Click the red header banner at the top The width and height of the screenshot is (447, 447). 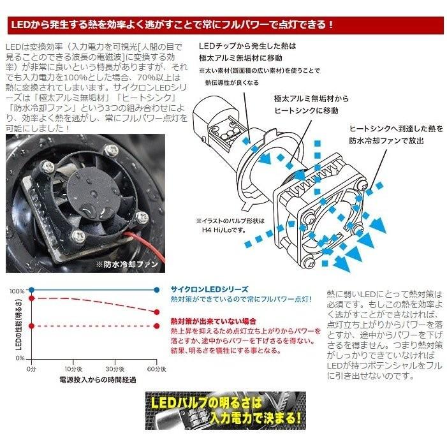coord(223,26)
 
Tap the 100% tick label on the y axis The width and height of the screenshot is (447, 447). coord(17,291)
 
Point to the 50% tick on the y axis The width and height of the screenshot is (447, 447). coord(18,326)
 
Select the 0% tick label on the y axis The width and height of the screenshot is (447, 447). coord(19,359)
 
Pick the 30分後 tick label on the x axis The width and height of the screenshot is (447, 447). coord(115,369)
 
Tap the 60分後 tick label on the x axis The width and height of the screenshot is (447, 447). coord(157,369)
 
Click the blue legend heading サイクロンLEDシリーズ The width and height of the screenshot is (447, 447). coord(210,289)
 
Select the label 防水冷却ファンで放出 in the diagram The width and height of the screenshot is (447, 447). coord(385,140)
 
